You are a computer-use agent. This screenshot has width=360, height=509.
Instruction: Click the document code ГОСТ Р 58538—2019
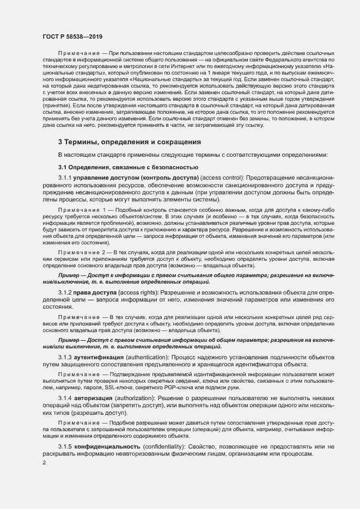tap(72, 35)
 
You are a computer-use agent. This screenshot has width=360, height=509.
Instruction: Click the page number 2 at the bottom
tap(44, 463)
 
